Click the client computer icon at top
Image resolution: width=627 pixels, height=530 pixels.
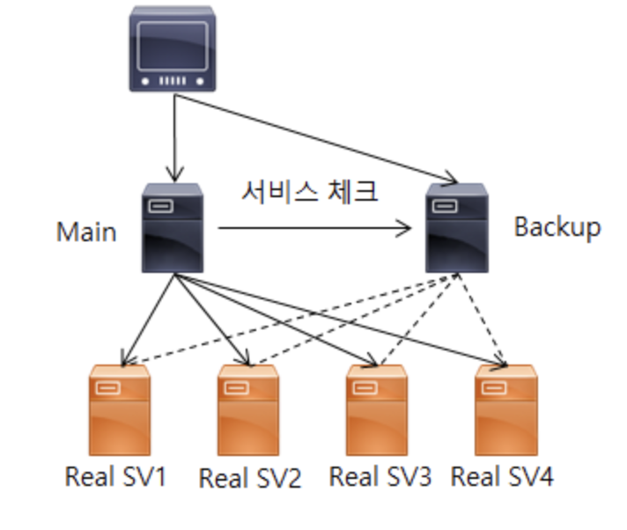tap(173, 49)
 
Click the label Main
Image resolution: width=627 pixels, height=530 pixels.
tap(86, 232)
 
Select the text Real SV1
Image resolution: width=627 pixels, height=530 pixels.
tap(115, 476)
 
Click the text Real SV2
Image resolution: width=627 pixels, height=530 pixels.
tap(250, 479)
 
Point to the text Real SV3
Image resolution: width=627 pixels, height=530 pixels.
tap(380, 476)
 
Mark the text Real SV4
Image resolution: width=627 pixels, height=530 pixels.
tap(502, 476)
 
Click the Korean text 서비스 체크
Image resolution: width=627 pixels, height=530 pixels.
tap(310, 192)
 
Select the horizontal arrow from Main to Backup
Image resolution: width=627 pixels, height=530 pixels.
tap(315, 230)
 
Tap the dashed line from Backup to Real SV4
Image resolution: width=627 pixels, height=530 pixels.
tap(479, 317)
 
